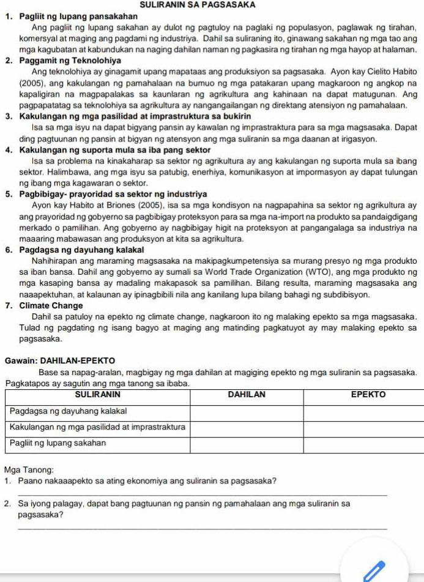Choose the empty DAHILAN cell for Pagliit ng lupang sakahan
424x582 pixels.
(247, 442)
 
